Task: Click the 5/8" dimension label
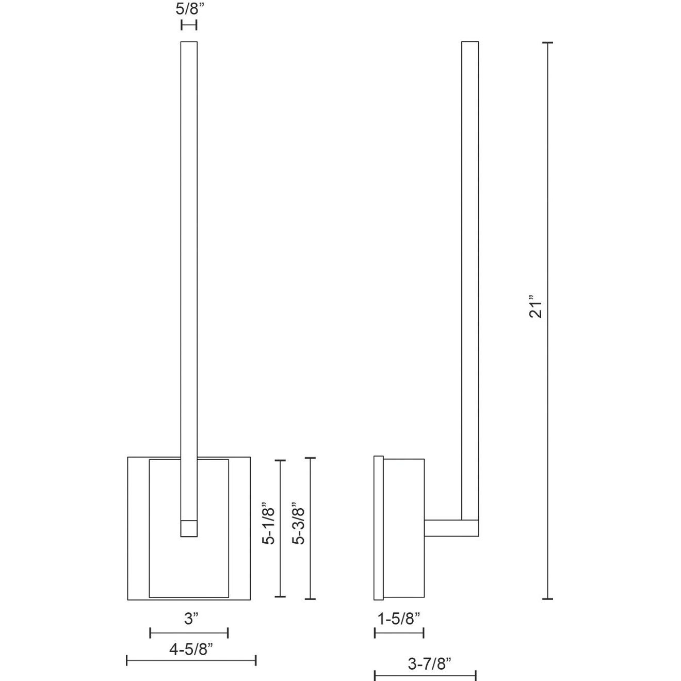[189, 10]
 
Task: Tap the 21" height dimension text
[537, 306]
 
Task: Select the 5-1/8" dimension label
[269, 524]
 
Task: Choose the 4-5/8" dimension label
[191, 649]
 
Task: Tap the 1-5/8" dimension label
[399, 618]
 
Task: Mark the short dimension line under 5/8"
[189, 25]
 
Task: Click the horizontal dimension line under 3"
[189, 633]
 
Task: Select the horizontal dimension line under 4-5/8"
[191, 660]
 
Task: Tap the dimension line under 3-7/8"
[425, 675]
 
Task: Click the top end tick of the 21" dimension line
[547, 43]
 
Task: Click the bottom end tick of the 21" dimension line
[547, 599]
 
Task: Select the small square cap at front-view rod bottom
[189, 529]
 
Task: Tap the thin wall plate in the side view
[378, 528]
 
